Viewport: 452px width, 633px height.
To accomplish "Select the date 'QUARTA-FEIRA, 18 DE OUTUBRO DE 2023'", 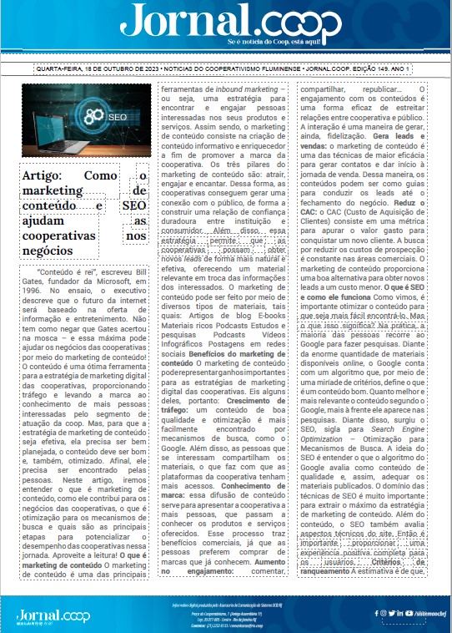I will click(x=88, y=68).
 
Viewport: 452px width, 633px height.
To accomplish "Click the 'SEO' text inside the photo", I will click(x=117, y=118).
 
